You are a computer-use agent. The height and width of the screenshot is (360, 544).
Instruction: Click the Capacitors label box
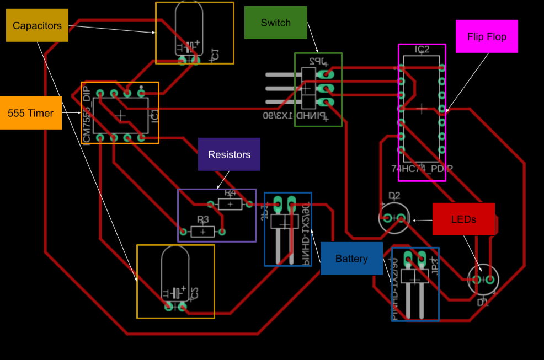pyautogui.click(x=37, y=25)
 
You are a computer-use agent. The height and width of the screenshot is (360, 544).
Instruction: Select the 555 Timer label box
pyautogui.click(x=30, y=113)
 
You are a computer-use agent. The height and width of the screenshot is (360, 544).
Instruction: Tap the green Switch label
pyautogui.click(x=275, y=23)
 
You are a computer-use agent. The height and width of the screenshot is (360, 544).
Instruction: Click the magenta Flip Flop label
pyautogui.click(x=487, y=36)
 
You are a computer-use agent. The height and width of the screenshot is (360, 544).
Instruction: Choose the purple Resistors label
pyautogui.click(x=229, y=154)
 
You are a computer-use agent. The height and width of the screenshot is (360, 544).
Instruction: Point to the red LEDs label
pyautogui.click(x=463, y=219)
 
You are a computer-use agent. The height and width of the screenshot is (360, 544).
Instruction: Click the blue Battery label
pyautogui.click(x=351, y=258)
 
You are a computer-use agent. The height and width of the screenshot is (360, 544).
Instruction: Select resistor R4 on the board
pyautogui.click(x=230, y=204)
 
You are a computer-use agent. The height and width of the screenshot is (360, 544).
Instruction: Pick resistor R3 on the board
pyautogui.click(x=202, y=231)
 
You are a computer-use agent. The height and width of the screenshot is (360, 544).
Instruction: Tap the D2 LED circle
pyautogui.click(x=394, y=218)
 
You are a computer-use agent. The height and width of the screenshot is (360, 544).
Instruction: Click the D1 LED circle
pyautogui.click(x=483, y=280)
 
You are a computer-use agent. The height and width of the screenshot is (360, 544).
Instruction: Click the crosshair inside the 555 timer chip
pyautogui.click(x=121, y=115)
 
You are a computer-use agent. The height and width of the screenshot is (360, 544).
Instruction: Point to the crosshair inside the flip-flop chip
pyautogui.click(x=422, y=109)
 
